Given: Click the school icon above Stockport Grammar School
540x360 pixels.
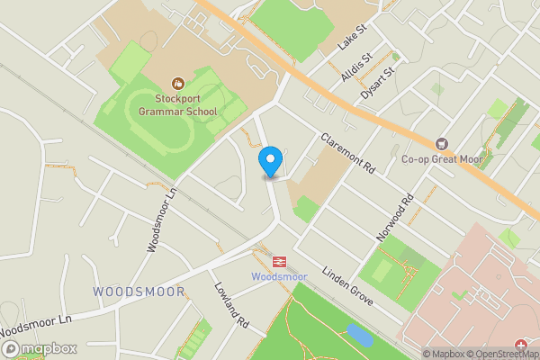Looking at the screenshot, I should (x=177, y=82).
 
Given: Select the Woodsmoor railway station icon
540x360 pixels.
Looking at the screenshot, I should (x=279, y=261).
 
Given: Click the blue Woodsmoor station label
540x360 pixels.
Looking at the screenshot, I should (x=279, y=276).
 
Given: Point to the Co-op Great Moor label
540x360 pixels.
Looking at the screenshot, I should (x=442, y=159).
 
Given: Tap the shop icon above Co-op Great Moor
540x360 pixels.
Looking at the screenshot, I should (x=441, y=143).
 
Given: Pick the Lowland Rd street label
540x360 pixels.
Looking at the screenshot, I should (x=230, y=306).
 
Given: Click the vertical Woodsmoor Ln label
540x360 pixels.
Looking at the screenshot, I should (x=157, y=220).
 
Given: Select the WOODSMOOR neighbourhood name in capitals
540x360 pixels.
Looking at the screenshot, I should (x=139, y=292).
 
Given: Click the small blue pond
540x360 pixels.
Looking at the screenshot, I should (x=358, y=335).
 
